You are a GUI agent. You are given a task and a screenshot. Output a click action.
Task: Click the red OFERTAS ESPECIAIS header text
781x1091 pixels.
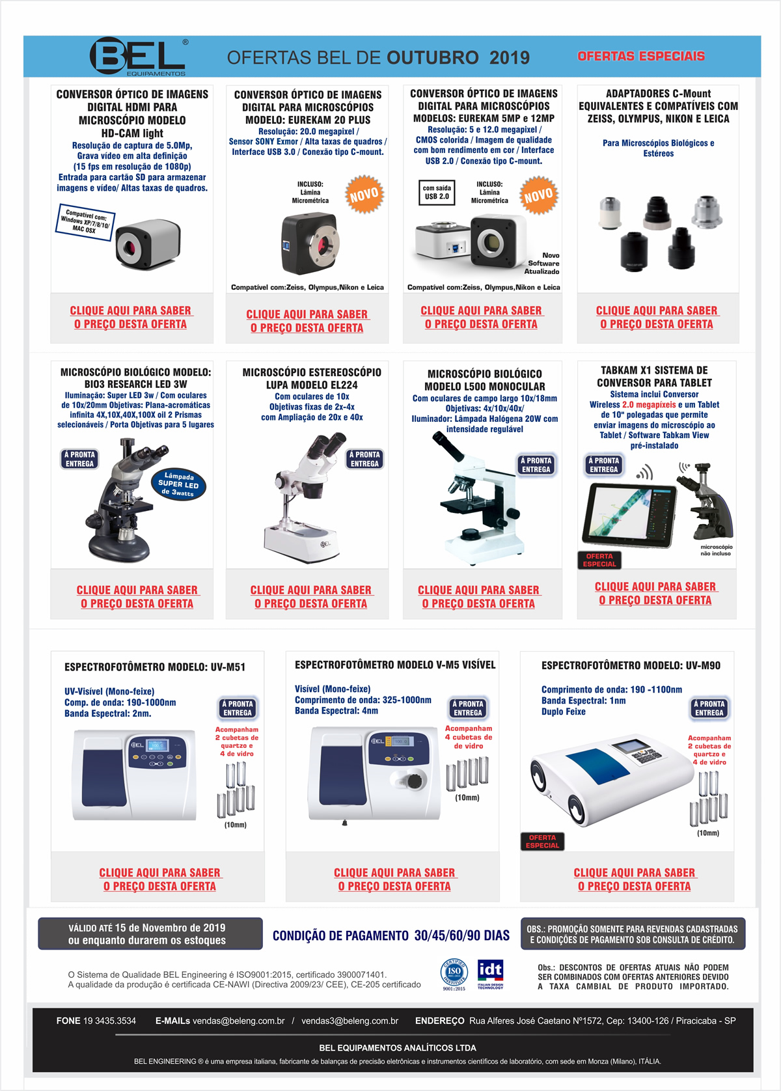[x=641, y=56]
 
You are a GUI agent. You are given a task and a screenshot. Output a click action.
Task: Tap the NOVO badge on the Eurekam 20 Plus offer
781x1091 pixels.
[x=364, y=195]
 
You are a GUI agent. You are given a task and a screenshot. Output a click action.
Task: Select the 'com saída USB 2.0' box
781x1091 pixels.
[x=437, y=193]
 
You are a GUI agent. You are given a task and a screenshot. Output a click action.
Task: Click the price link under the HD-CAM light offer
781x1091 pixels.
[x=130, y=317]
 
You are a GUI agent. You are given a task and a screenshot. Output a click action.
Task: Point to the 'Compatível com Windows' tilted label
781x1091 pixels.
[x=85, y=222]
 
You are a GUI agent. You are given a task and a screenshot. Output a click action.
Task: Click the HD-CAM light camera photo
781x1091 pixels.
[x=148, y=243]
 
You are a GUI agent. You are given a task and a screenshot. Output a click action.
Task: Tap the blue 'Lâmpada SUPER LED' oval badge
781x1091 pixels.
[x=178, y=484]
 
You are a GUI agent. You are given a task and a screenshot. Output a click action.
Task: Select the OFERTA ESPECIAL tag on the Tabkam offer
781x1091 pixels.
[x=599, y=560]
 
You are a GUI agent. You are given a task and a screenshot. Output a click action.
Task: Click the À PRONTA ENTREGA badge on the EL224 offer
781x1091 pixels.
[x=364, y=459]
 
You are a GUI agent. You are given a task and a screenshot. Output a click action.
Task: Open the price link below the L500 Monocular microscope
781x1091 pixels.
[x=478, y=597]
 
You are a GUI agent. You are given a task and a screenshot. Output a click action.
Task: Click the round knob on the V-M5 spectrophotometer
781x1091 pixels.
[x=415, y=780]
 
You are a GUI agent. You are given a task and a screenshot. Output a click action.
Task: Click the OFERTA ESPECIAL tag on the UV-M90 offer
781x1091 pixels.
[x=542, y=841]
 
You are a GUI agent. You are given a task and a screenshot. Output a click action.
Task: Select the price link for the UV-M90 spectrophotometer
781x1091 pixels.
[x=635, y=879]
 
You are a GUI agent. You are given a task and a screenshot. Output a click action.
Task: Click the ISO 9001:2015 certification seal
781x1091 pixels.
[x=454, y=974]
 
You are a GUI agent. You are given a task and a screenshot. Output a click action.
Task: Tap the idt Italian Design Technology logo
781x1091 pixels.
[x=490, y=974]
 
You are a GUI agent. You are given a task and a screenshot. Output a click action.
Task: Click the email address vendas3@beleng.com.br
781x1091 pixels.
[x=349, y=1021]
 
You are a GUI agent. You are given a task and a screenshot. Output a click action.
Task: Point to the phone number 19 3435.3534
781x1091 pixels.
[x=109, y=1021]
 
